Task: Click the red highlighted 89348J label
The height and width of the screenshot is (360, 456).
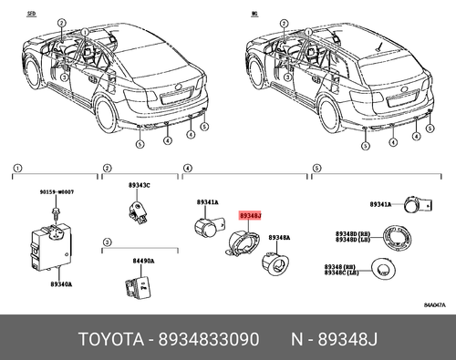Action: click(249, 216)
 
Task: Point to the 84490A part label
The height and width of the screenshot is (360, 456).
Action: click(143, 260)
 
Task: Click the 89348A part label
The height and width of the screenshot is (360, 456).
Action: click(279, 237)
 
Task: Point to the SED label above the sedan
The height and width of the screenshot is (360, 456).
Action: click(32, 15)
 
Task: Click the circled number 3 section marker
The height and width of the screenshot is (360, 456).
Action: click(107, 242)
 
